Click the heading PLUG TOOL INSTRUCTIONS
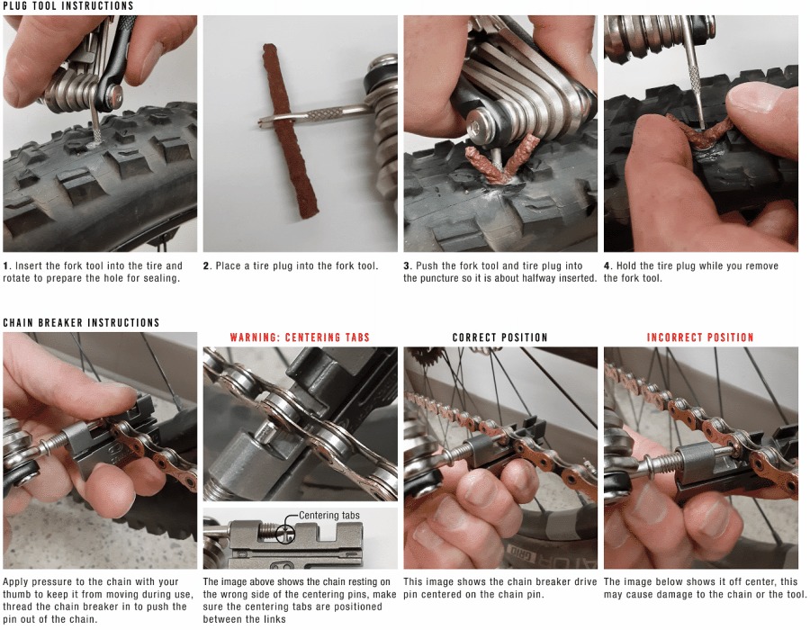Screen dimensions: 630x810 pyautogui.click(x=67, y=6)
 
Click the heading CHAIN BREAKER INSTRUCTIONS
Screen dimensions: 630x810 pyautogui.click(x=81, y=322)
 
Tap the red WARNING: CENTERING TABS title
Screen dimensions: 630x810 pyautogui.click(x=300, y=337)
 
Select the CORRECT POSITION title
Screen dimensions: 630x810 pyautogui.click(x=499, y=337)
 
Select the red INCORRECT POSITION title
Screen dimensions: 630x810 pyautogui.click(x=700, y=337)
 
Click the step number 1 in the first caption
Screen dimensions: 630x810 pyautogui.click(x=5, y=266)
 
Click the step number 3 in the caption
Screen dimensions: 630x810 pyautogui.click(x=407, y=266)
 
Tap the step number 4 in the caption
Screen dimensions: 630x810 pyautogui.click(x=607, y=266)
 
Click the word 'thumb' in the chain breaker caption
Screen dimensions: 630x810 pyautogui.click(x=19, y=595)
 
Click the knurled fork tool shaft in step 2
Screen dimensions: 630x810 pyautogui.click(x=324, y=114)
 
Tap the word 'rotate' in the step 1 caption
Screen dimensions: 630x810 pyautogui.click(x=19, y=278)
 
